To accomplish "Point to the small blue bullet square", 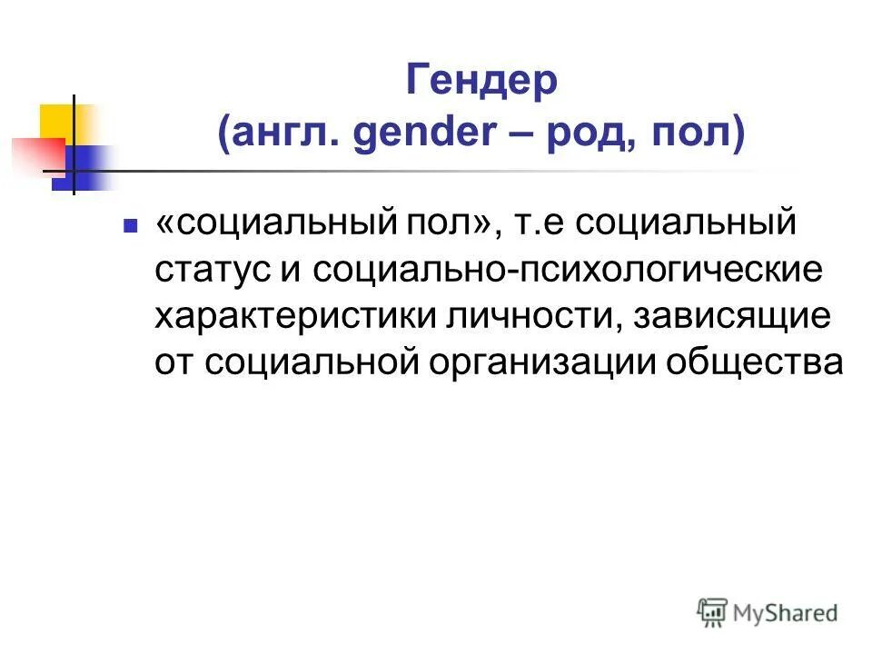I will (x=129, y=224).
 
